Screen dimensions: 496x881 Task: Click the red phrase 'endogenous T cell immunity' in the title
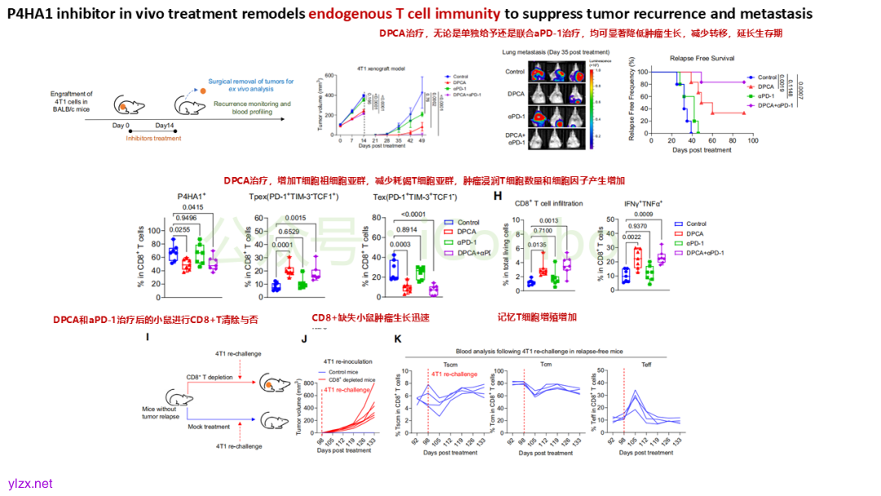tap(405, 14)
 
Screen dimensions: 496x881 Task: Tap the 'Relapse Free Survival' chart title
tap(702, 59)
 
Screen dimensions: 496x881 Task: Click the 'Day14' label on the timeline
tap(164, 125)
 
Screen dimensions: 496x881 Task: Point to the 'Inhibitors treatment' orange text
tap(154, 139)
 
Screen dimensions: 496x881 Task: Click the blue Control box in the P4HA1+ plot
tap(173, 255)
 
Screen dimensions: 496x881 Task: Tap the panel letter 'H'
tap(496, 196)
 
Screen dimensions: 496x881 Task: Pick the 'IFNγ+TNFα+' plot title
tap(642, 203)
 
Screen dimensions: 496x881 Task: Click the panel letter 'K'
tap(397, 338)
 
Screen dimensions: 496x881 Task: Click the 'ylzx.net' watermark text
tap(30, 484)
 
